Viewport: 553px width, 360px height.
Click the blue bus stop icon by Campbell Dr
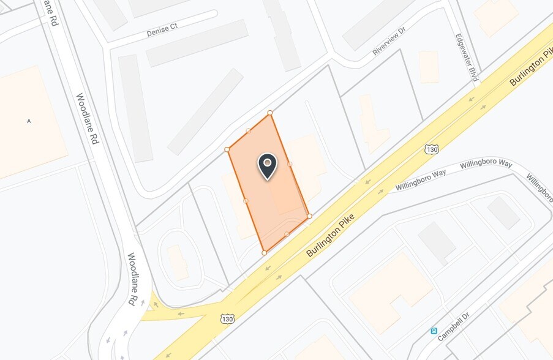click(x=434, y=331)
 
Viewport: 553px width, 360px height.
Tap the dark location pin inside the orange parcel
click(x=267, y=165)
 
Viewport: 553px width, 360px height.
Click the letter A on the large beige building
click(x=29, y=121)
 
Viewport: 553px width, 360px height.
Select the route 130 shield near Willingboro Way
click(x=432, y=149)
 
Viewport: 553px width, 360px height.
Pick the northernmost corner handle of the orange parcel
click(x=270, y=113)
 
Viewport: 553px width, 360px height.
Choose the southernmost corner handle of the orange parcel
click(x=264, y=252)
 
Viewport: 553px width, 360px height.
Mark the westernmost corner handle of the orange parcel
click(x=227, y=149)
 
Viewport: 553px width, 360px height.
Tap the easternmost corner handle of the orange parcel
click(x=309, y=216)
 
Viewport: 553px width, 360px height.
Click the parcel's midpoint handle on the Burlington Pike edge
click(x=287, y=234)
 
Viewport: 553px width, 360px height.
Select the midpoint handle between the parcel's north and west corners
click(x=248, y=130)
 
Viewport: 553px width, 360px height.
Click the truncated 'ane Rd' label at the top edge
click(x=51, y=12)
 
